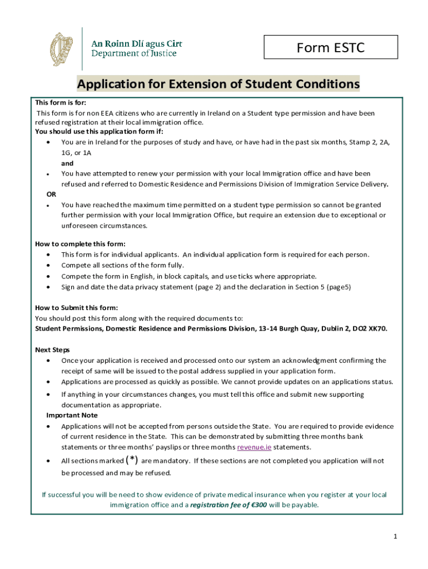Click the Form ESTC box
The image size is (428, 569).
[331, 48]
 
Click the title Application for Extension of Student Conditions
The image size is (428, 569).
[218, 84]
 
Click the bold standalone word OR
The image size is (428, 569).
[51, 194]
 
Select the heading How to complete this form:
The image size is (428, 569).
[80, 244]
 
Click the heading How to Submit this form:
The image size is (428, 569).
[76, 308]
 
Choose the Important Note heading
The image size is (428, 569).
[72, 415]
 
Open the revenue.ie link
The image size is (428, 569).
[254, 447]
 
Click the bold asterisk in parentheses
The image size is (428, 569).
[132, 460]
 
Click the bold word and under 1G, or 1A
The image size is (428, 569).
[67, 163]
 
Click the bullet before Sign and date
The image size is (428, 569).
[49, 287]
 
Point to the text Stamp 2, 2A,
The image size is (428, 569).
[369, 142]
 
